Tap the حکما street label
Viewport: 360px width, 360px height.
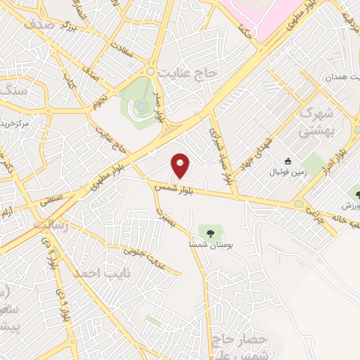245,29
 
